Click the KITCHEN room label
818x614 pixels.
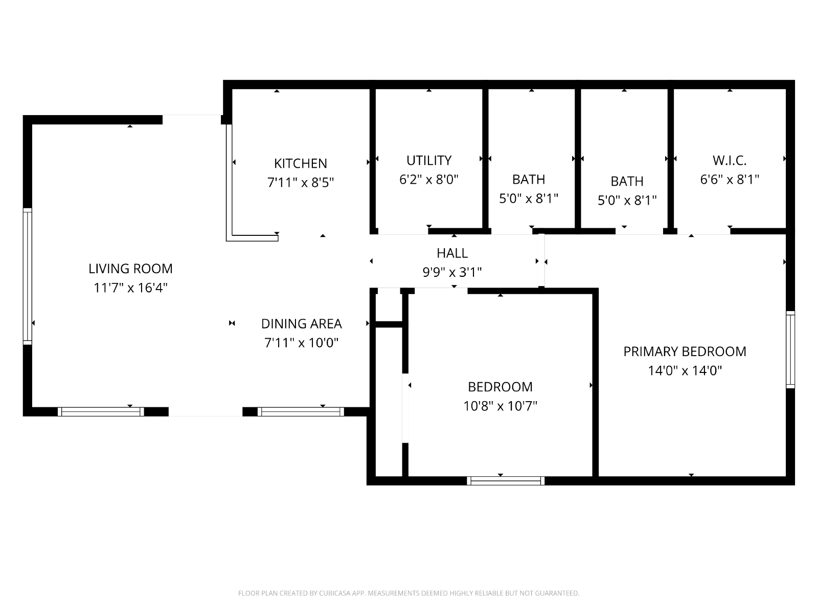301,163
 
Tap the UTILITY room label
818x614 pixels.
429,160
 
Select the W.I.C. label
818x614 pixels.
730,160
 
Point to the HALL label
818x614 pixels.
452,253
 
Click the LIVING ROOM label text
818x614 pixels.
130,269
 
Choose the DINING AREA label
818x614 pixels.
302,323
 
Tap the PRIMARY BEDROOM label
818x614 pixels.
685,351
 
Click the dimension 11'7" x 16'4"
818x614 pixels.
130,288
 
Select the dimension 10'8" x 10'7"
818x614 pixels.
500,406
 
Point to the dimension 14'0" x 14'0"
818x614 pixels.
685,370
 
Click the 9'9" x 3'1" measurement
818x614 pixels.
452,273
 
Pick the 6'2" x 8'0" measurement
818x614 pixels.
429,180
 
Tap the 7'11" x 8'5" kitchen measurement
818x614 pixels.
301,183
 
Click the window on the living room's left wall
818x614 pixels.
28,276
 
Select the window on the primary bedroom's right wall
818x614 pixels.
790,349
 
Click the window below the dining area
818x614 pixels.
301,411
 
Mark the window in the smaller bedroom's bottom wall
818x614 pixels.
506,481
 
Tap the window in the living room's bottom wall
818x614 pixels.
101,411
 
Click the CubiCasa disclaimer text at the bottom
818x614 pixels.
409,593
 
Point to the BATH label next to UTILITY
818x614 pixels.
529,179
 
